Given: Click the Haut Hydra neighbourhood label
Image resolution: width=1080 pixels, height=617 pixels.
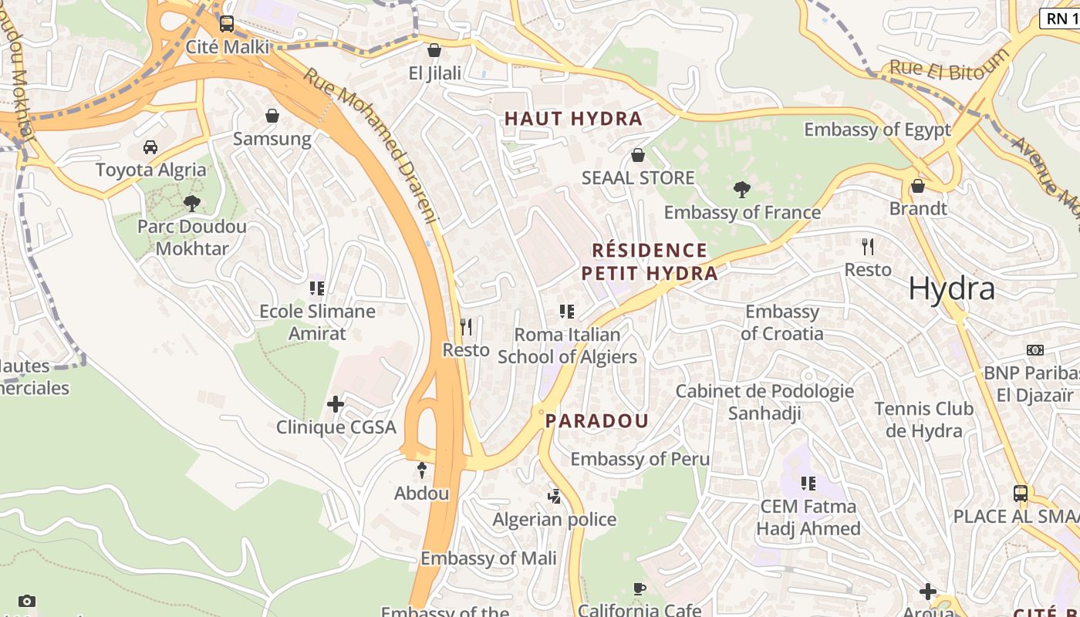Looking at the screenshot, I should pyautogui.click(x=572, y=118).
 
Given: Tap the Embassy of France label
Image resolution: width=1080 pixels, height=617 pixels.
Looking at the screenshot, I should pyautogui.click(x=741, y=212).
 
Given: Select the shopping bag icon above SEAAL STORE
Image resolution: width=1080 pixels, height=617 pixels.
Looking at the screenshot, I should pyautogui.click(x=637, y=155).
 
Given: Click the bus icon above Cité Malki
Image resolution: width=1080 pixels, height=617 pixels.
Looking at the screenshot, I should pyautogui.click(x=226, y=24).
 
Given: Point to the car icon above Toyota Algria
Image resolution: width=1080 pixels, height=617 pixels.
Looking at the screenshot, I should pyautogui.click(x=150, y=147).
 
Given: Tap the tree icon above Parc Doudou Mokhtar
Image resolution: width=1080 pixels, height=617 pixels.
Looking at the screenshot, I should pyautogui.click(x=191, y=204).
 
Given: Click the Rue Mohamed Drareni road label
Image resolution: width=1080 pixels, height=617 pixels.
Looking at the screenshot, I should pyautogui.click(x=370, y=147).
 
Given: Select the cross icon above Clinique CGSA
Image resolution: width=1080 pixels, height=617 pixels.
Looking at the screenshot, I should pyautogui.click(x=336, y=404).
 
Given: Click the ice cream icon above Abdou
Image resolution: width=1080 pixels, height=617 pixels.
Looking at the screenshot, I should pyautogui.click(x=421, y=470).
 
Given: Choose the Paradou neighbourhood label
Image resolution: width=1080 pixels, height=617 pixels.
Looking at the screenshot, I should pyautogui.click(x=597, y=421).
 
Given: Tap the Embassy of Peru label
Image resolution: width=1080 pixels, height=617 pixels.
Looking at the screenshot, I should pyautogui.click(x=640, y=459).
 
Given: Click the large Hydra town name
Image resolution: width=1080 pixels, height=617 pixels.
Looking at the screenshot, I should pyautogui.click(x=951, y=288).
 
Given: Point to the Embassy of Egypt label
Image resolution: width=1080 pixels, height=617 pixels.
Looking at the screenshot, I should pyautogui.click(x=877, y=130).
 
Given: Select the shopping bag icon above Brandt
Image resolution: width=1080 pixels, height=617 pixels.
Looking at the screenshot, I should pyautogui.click(x=917, y=186).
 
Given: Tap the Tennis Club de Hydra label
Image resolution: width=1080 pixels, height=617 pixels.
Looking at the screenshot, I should pyautogui.click(x=923, y=420).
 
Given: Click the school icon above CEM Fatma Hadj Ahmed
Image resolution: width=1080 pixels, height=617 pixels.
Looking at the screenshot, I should pyautogui.click(x=808, y=484).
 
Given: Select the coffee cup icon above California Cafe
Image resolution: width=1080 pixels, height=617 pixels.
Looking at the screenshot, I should pyautogui.click(x=639, y=589).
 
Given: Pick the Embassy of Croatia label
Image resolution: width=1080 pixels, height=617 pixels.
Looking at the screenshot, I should pyautogui.click(x=781, y=322).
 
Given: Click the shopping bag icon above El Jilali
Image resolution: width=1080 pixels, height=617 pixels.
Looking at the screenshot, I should pyautogui.click(x=434, y=50).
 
